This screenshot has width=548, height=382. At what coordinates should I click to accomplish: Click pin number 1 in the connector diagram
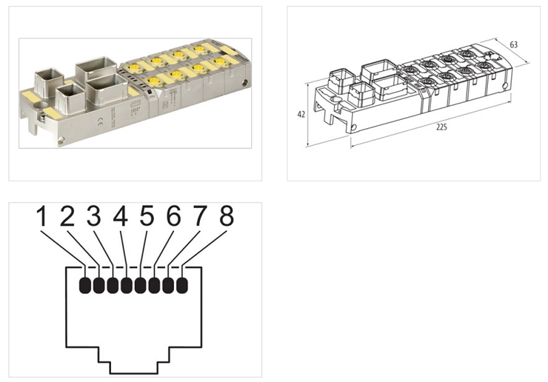42,218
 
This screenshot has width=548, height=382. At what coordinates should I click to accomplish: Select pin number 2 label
67,218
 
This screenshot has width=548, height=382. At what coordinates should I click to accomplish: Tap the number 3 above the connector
94,218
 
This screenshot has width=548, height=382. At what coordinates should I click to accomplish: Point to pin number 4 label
121,218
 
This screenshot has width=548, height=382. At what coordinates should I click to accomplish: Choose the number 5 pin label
147,218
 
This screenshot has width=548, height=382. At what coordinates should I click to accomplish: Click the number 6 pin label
173,218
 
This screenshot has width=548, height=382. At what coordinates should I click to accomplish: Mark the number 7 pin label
199,218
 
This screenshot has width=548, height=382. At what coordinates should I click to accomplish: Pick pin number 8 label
225,218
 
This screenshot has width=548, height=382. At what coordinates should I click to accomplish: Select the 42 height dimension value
301,115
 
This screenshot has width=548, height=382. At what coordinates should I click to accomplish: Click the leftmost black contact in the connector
86,285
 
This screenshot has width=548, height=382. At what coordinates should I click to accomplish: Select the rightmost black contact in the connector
182,285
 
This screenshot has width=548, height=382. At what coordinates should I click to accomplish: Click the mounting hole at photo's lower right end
62,142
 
